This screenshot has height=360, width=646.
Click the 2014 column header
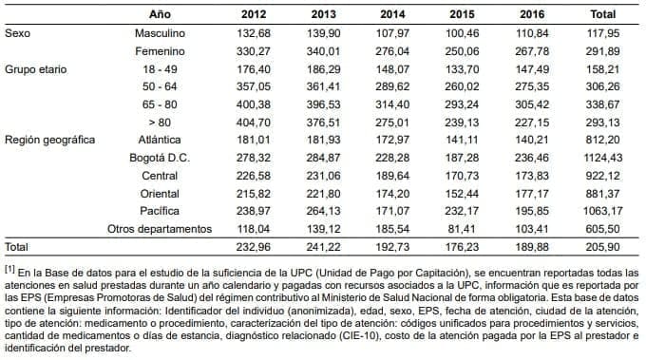point(392,14)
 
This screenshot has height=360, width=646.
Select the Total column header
point(602,14)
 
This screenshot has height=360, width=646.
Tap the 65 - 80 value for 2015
point(463,104)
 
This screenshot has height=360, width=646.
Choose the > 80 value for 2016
point(532,122)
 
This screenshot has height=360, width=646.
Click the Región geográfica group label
point(50,140)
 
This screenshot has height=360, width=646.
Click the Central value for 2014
point(392,175)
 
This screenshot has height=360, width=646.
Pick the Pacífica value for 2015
point(463,210)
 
